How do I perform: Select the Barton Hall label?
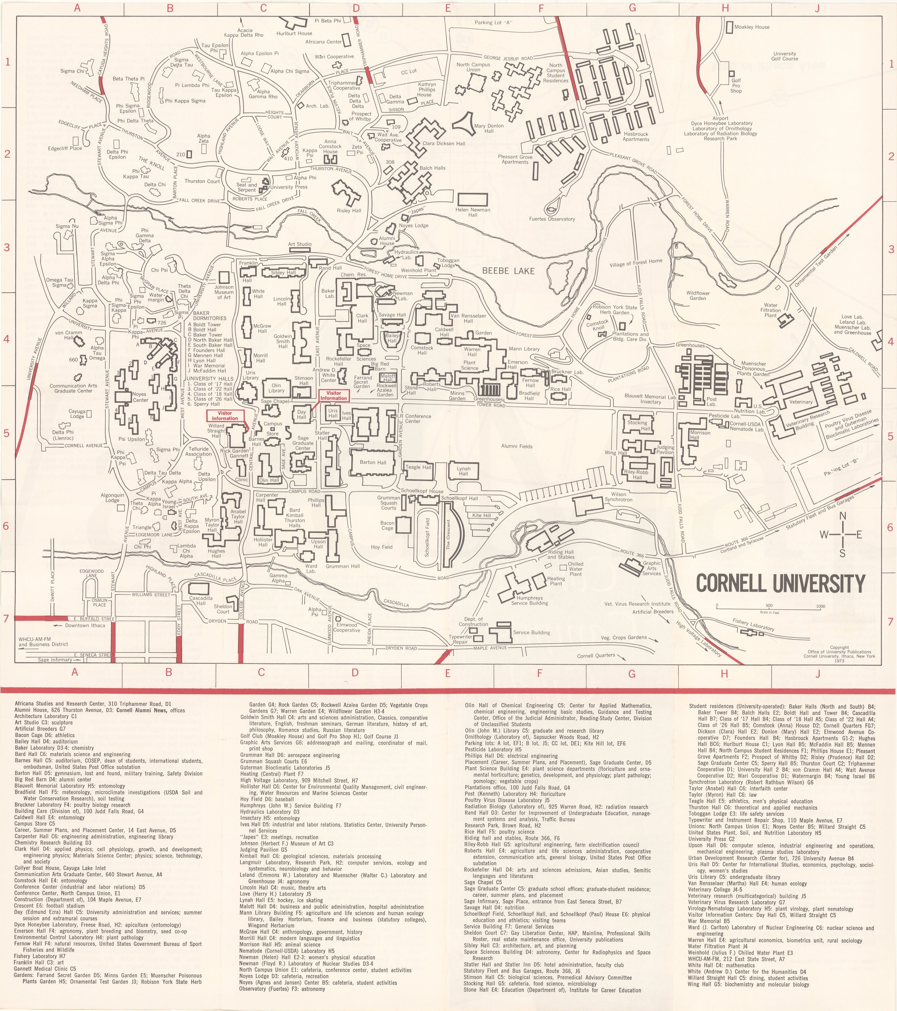[x=373, y=462]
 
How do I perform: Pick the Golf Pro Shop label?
[x=736, y=86]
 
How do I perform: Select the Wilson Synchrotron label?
[x=619, y=497]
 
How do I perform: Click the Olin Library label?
[x=276, y=388]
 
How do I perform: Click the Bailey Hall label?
[x=392, y=338]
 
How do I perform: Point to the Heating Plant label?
[x=556, y=581]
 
